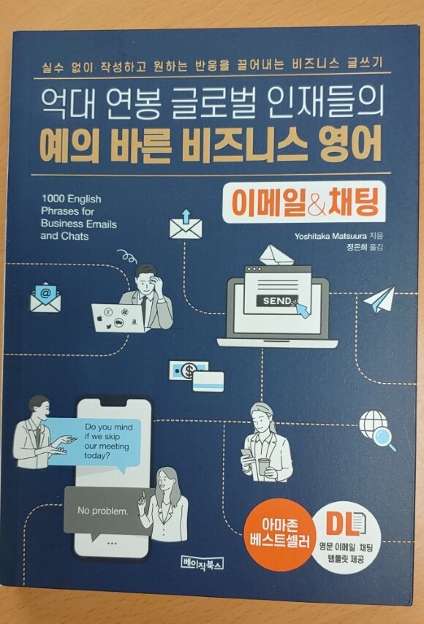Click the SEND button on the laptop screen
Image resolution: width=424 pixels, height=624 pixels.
click(x=277, y=301)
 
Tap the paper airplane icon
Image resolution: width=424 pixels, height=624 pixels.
click(x=379, y=300)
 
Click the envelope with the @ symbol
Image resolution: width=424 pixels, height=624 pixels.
click(x=45, y=297)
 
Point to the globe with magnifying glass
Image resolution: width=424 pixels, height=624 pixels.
click(x=377, y=430)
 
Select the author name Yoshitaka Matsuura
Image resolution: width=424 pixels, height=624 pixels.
click(x=330, y=237)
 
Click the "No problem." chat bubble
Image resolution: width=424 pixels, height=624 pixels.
click(x=105, y=511)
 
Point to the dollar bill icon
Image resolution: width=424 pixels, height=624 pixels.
click(x=187, y=370)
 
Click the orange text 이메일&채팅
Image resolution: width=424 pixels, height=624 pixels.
click(x=304, y=202)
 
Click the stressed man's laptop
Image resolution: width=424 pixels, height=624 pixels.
click(x=118, y=317)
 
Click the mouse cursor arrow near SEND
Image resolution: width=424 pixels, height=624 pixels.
click(x=303, y=309)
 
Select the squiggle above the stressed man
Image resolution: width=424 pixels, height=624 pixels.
click(x=128, y=256)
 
